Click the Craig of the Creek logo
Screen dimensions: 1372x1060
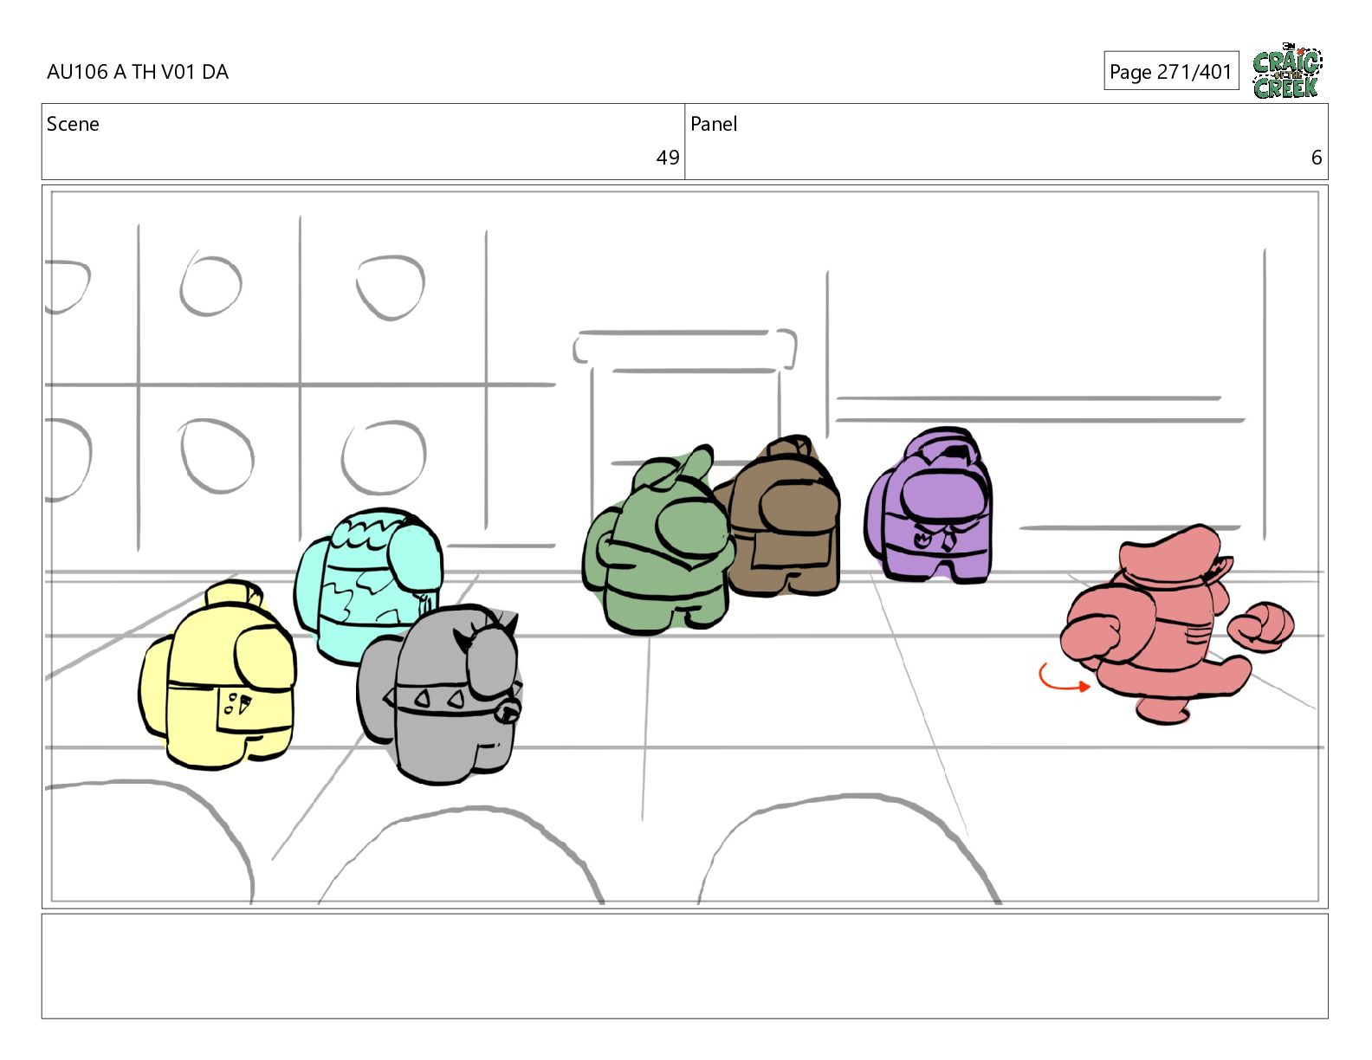point(1287,71)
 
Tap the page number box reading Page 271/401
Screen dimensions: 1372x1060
point(1170,71)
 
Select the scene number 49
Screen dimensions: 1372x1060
point(667,158)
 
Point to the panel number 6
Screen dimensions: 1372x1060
point(1316,158)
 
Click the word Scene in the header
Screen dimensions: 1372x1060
point(73,124)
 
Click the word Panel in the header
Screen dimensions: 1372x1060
point(714,124)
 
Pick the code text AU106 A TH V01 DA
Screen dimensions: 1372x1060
point(138,72)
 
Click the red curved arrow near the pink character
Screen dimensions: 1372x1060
point(1062,679)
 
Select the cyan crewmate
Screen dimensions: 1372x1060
point(368,584)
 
